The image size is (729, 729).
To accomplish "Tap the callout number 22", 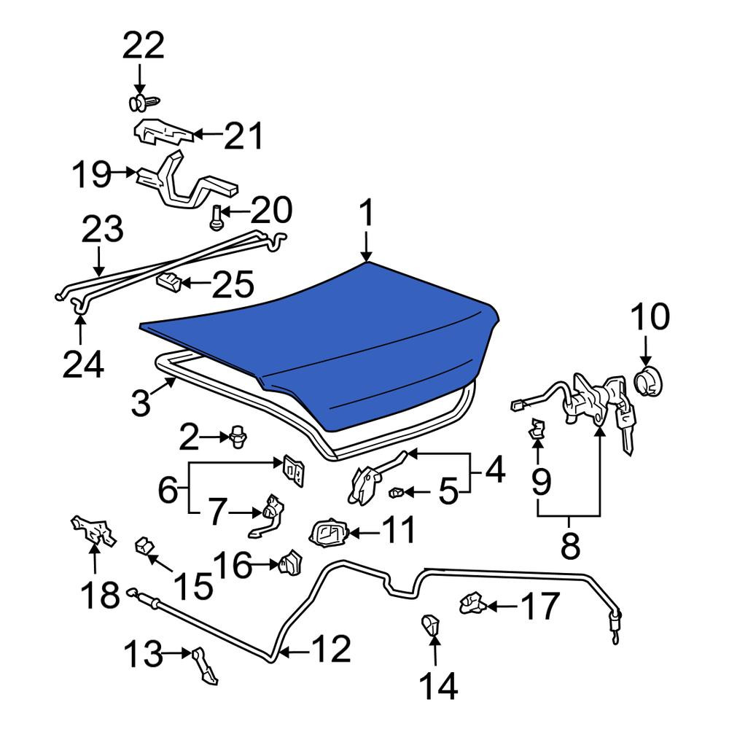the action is (144, 45).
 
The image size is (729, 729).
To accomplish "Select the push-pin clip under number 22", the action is (144, 104).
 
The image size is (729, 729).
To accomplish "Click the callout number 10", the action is (650, 316).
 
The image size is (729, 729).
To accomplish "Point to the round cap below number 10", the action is (648, 381).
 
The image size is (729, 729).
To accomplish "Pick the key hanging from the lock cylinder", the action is (625, 428).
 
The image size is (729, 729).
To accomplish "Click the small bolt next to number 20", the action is (215, 218).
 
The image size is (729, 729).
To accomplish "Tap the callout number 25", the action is (233, 284).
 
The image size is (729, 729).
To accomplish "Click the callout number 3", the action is (141, 402).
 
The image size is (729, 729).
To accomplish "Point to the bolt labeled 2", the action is (238, 438).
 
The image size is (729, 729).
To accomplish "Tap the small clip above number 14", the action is (431, 624).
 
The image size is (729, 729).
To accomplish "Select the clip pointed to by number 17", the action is (473, 603).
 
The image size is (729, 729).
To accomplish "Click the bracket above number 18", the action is (93, 531).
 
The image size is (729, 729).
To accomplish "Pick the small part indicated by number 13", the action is (205, 666).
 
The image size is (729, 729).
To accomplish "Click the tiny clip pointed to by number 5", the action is (396, 491).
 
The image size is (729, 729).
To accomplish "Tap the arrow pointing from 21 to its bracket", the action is (207, 135).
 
